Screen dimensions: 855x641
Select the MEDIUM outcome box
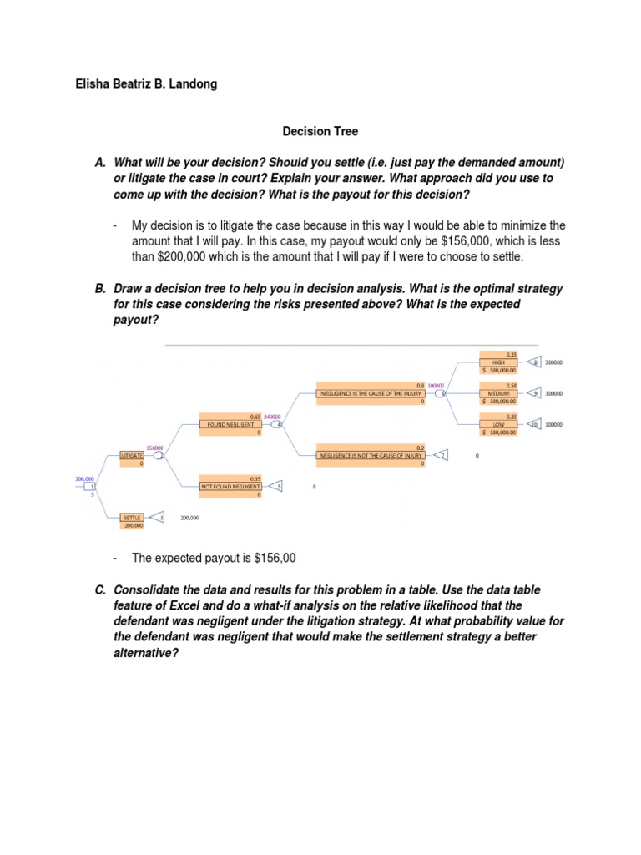[499, 392]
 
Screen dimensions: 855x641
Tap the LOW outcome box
[499, 425]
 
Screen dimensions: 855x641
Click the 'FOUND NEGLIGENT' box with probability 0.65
[230, 424]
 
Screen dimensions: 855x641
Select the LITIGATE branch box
[132, 456]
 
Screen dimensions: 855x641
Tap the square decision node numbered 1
[92, 486]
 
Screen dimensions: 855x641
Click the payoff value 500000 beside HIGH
[553, 363]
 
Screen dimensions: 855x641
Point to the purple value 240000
[272, 417]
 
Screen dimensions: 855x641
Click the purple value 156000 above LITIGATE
[154, 448]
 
